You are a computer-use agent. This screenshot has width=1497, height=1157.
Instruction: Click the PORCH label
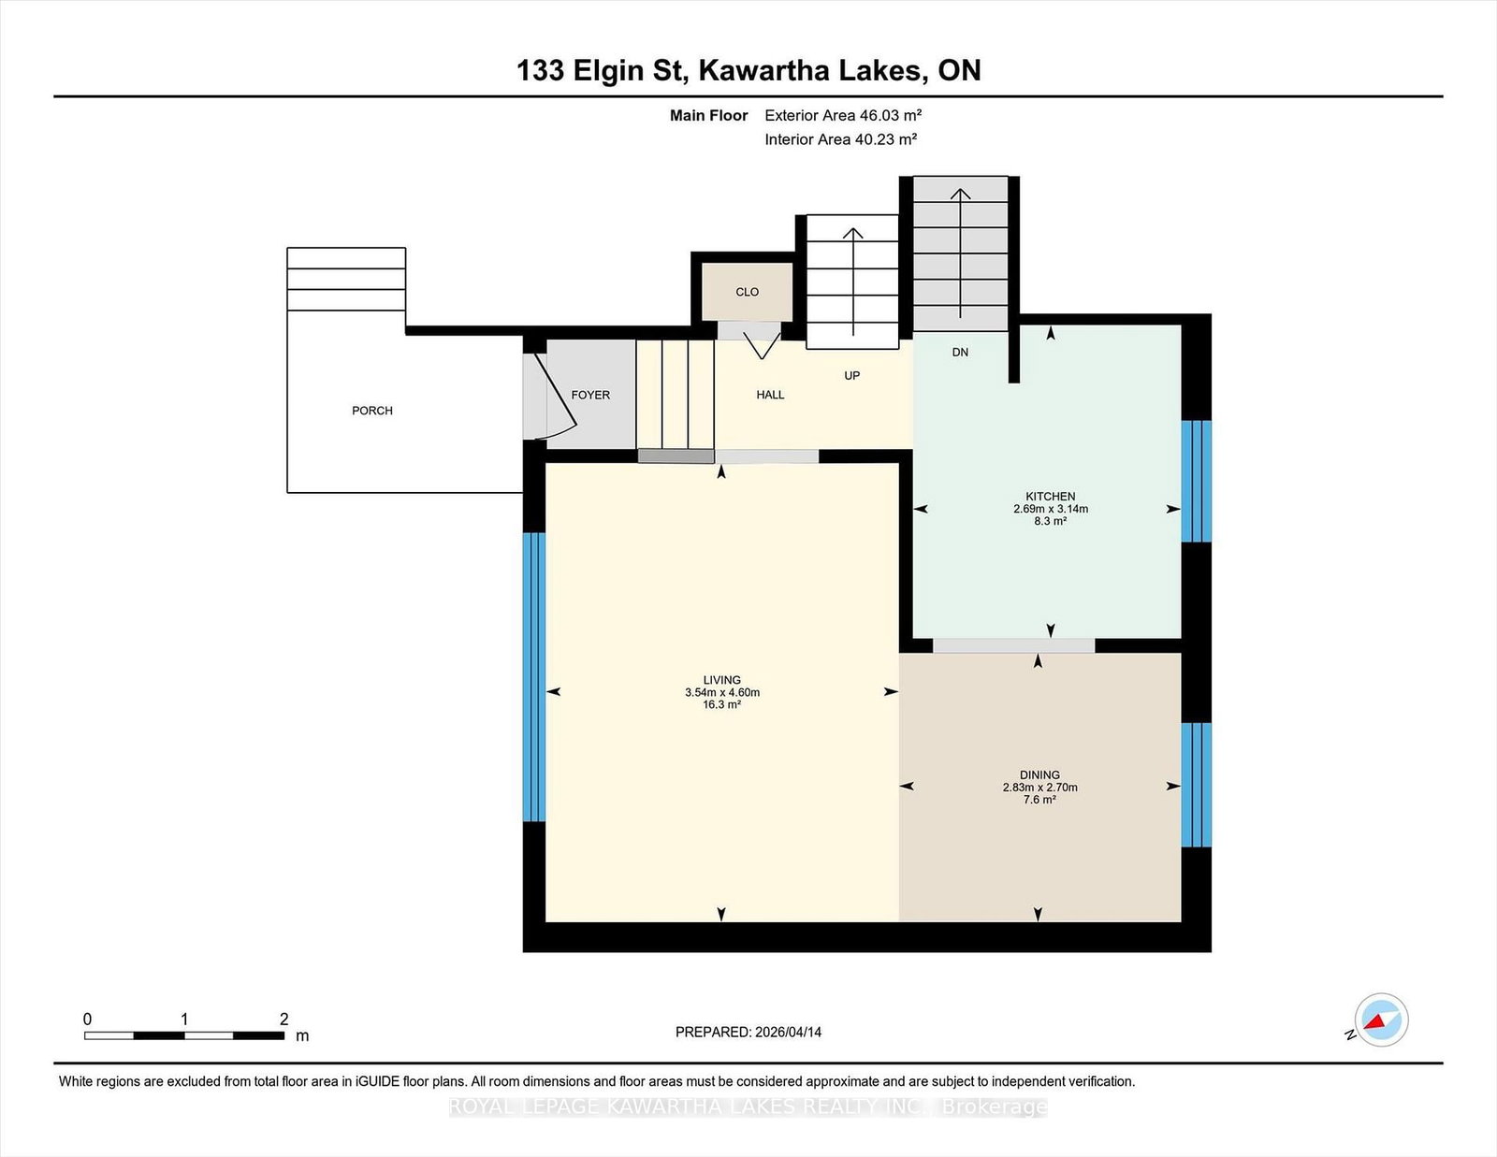(372, 411)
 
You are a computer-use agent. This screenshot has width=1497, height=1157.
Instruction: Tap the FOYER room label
(590, 395)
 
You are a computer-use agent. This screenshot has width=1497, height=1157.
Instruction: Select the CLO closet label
(747, 292)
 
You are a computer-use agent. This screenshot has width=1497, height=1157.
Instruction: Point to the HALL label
(770, 395)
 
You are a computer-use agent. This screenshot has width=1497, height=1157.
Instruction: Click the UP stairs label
(852, 375)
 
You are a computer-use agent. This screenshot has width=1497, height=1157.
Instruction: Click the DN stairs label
(960, 352)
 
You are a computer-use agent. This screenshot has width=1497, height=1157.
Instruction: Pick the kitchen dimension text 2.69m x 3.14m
(1051, 509)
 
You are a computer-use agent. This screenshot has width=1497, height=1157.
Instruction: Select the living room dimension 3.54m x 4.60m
(722, 692)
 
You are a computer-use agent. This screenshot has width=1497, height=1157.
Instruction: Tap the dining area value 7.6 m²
(1039, 799)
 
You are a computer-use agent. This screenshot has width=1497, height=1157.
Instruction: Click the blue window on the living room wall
(534, 677)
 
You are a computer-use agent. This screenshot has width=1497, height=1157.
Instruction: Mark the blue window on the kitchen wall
(1196, 482)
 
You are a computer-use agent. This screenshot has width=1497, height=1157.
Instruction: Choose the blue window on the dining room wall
(1196, 785)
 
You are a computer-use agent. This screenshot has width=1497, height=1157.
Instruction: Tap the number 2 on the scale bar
(283, 1019)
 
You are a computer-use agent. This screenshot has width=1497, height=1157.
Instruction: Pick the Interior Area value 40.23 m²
(886, 139)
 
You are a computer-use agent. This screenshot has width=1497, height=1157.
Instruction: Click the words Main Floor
(709, 115)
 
